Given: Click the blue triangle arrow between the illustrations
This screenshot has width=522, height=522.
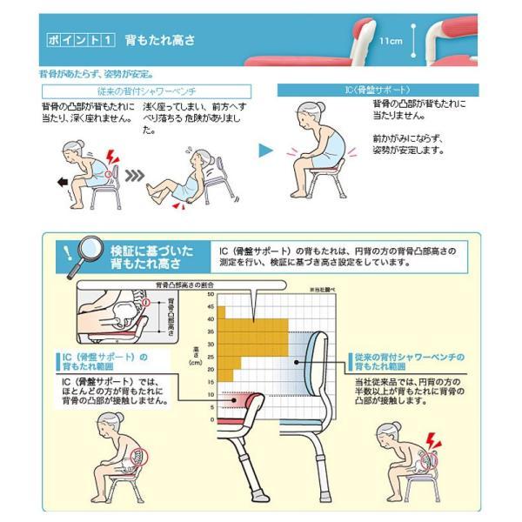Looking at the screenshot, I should click(x=267, y=151).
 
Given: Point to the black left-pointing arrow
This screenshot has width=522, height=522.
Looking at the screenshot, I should click(x=60, y=183).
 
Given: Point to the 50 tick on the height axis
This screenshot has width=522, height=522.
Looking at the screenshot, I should click(x=211, y=295).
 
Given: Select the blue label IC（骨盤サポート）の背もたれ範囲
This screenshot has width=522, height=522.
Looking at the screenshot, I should click(x=106, y=361).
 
